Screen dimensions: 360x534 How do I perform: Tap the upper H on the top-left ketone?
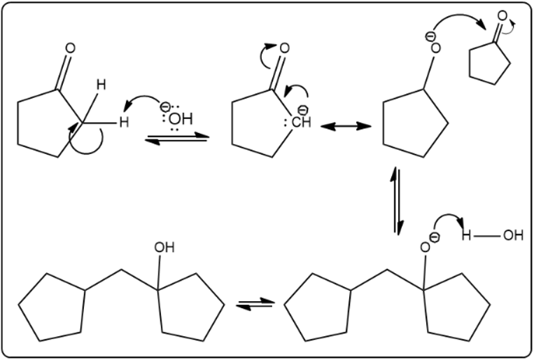point(101,85)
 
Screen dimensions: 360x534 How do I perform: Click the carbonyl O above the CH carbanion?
point(283,48)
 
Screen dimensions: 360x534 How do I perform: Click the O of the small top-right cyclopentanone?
point(502,16)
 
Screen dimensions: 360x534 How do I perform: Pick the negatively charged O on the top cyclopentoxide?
point(433,47)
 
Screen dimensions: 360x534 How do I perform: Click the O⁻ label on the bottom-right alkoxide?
point(428,245)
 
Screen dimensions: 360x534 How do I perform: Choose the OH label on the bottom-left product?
point(166,247)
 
